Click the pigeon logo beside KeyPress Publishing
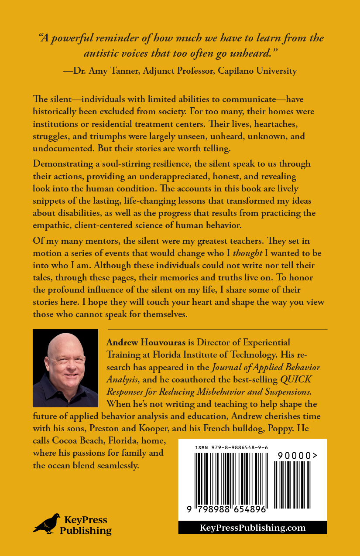tap(46, 523)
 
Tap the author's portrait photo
tap(65, 368)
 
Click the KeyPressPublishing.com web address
tap(252, 528)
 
